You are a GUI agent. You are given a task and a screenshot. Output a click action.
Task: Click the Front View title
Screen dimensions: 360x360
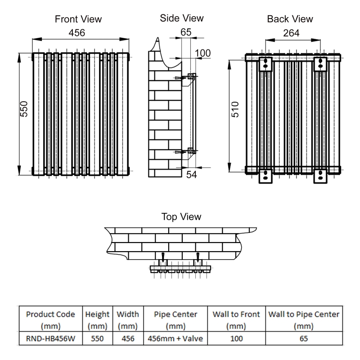tap(78, 19)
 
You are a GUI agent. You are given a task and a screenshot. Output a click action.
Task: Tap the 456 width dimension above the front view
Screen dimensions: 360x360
tap(76, 33)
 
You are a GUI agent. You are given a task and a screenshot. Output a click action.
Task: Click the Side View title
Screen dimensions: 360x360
tap(181, 18)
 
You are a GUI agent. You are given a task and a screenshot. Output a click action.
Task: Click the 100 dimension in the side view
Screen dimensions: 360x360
tap(202, 53)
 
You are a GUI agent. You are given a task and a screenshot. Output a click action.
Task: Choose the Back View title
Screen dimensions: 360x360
tap(290, 19)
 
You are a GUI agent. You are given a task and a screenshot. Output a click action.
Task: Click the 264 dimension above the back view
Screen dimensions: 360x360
tap(292, 33)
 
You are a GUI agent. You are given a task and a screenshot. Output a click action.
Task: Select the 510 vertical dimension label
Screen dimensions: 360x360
tap(235, 109)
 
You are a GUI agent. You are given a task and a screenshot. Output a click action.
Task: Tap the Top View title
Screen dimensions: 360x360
tap(181, 216)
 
